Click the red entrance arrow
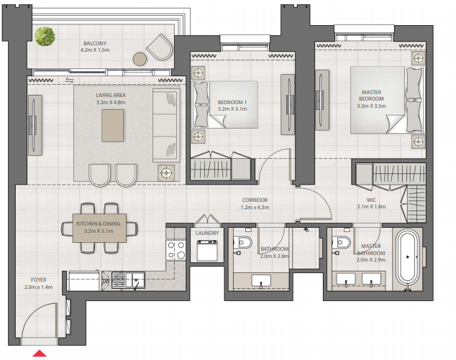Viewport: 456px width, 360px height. coord(40,354)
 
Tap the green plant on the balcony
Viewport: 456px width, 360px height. coord(45,37)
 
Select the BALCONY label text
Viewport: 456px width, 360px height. coord(95,43)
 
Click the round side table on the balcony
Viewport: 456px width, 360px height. coord(140,59)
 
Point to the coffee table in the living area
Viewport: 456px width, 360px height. coord(112,126)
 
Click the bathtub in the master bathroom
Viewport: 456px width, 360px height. coord(407,258)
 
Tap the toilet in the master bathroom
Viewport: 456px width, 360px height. coord(342,241)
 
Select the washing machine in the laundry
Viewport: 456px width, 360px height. coord(207,250)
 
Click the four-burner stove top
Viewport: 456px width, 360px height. coord(176,250)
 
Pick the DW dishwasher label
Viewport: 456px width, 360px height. coord(106,281)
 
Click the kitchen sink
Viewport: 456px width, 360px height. coord(128,280)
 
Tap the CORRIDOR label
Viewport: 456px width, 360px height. coord(255,200)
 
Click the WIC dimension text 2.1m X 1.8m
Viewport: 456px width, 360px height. coord(371,206)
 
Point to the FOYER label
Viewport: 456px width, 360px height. coord(39,280)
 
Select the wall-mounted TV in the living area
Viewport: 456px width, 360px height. coord(35,125)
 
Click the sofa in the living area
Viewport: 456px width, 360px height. coord(166,125)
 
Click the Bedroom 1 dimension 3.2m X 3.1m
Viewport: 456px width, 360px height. coord(232,109)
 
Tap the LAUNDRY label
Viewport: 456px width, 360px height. coord(207,233)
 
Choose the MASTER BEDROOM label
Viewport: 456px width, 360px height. coord(371,96)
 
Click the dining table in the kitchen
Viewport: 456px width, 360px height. coord(99,228)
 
